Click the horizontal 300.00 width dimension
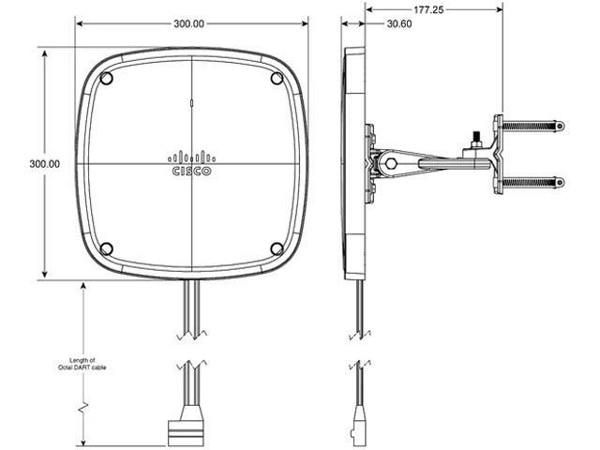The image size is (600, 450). (189, 23)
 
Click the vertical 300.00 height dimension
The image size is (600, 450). (44, 163)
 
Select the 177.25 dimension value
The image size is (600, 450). (432, 7)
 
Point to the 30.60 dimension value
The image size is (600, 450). (398, 24)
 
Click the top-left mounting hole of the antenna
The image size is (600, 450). (106, 78)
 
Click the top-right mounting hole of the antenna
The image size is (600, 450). (277, 78)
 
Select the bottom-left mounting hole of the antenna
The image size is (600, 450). (106, 248)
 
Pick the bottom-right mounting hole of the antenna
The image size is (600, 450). (277, 248)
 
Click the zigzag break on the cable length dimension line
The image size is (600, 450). (84, 409)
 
